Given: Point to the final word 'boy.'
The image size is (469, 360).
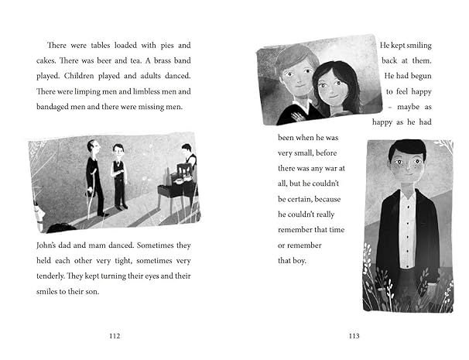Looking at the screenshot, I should click(295, 260).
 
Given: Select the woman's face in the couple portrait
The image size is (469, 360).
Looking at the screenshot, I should click(331, 86).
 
